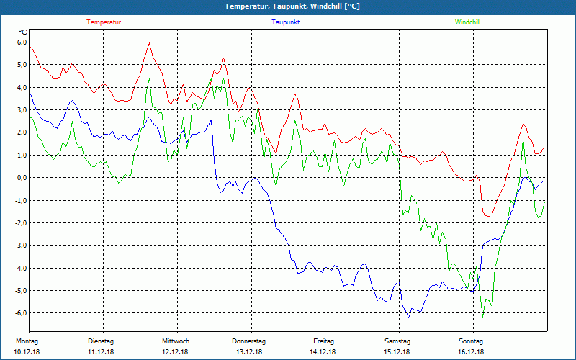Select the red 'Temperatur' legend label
click(x=104, y=22)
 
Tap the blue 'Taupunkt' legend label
click(x=286, y=22)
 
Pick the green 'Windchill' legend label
click(x=468, y=22)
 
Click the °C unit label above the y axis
click(x=23, y=32)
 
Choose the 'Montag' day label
click(x=27, y=341)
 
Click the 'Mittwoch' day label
click(x=176, y=341)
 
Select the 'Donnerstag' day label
click(x=249, y=341)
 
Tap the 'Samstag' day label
click(x=397, y=341)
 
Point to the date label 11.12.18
click(x=102, y=352)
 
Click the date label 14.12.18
click(x=323, y=352)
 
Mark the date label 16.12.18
click(x=472, y=352)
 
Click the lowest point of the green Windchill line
click(x=482, y=317)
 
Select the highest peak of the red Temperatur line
click(x=149, y=42)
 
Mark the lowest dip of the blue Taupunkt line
click(x=408, y=317)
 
